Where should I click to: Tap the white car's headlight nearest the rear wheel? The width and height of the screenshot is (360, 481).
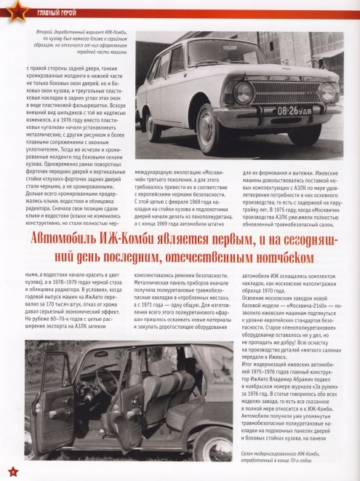click(x=244, y=92)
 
